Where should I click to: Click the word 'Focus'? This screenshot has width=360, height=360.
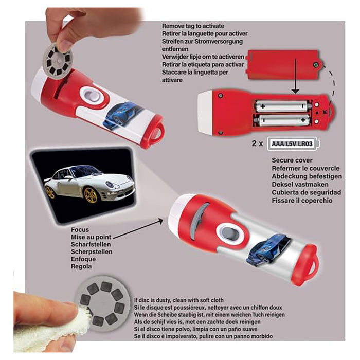click(x=81, y=230)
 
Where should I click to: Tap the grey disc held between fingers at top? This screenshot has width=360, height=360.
click(x=57, y=52)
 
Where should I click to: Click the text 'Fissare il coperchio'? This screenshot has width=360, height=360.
click(x=301, y=201)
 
